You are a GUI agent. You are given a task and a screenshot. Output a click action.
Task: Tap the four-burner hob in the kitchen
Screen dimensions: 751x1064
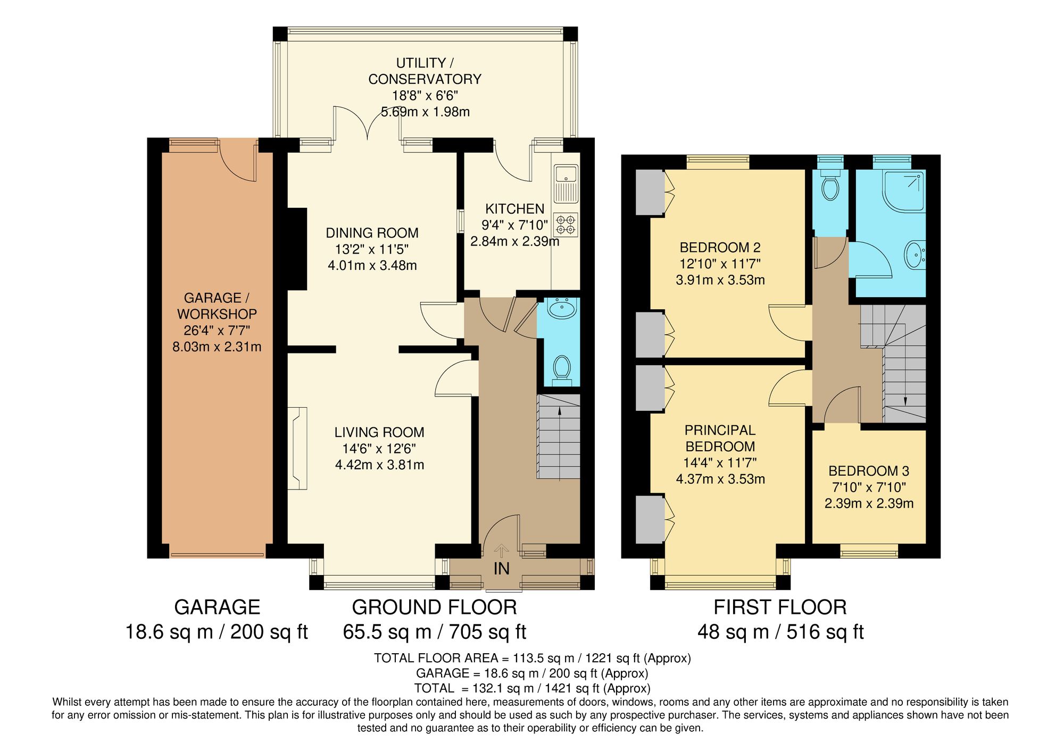click(566, 225)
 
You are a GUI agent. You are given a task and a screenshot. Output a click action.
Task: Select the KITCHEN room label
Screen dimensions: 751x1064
click(514, 209)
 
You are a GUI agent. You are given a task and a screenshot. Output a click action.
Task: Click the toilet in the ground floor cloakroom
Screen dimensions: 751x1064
click(562, 368)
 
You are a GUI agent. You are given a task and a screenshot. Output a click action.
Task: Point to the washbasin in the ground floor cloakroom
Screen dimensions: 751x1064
click(562, 308)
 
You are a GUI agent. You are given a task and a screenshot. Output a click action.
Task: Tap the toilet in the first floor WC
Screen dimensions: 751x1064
click(830, 187)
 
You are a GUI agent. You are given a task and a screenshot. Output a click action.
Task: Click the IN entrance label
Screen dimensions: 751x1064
click(501, 569)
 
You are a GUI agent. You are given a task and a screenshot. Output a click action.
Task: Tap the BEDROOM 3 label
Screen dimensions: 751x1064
click(868, 471)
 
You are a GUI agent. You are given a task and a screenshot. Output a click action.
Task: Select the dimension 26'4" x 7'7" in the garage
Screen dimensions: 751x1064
click(217, 331)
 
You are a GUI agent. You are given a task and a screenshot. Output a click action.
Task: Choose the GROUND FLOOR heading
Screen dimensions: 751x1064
click(434, 607)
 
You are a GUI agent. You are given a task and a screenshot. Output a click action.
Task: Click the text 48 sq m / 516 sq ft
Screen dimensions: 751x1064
click(780, 632)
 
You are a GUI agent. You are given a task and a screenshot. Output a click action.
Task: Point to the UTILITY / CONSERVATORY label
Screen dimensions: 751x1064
click(425, 71)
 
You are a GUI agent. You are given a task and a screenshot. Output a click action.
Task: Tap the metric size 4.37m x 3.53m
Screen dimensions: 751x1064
click(720, 479)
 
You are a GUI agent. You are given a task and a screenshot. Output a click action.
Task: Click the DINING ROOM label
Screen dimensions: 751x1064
click(372, 233)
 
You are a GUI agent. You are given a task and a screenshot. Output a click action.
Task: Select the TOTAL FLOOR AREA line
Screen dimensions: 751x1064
click(532, 658)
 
